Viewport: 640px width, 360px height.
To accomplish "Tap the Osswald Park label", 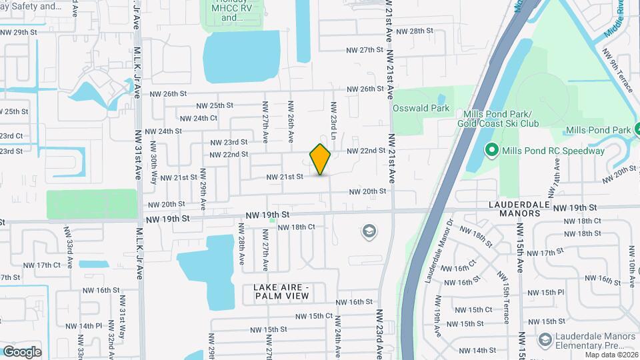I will click(421, 108).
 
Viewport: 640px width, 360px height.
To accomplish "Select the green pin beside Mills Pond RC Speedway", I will click(492, 150).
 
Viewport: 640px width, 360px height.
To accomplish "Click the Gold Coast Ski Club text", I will click(493, 123).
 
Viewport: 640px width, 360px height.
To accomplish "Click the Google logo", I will click(21, 351).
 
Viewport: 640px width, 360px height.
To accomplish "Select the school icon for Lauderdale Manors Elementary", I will click(545, 340).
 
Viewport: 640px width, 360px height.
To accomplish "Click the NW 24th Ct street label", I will click(197, 118).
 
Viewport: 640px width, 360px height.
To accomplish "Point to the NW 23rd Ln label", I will click(333, 117).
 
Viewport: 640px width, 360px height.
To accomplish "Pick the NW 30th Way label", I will click(154, 172).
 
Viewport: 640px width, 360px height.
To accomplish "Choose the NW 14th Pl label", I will click(89, 326).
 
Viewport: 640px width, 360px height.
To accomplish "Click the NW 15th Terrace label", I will click(507, 303).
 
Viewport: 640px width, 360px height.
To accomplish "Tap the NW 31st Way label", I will click(123, 325).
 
